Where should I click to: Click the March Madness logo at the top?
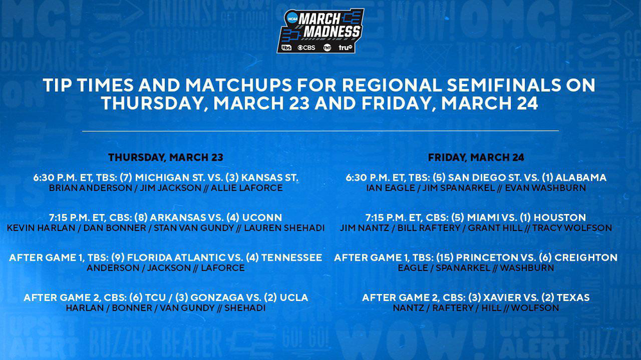click(x=320, y=31)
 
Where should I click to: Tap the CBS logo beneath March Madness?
click(x=306, y=48)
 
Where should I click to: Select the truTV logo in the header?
click(x=345, y=48)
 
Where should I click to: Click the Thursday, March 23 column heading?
click(x=165, y=158)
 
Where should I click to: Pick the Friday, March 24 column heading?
click(x=476, y=158)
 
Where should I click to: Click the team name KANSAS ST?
click(x=270, y=177)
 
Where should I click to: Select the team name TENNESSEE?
click(x=292, y=258)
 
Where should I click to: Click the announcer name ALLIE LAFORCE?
click(x=247, y=188)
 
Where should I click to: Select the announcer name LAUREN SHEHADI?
click(x=284, y=228)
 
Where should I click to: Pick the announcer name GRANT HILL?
click(x=495, y=228)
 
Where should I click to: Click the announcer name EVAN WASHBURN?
click(x=545, y=188)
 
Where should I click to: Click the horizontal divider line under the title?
click(x=320, y=131)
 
